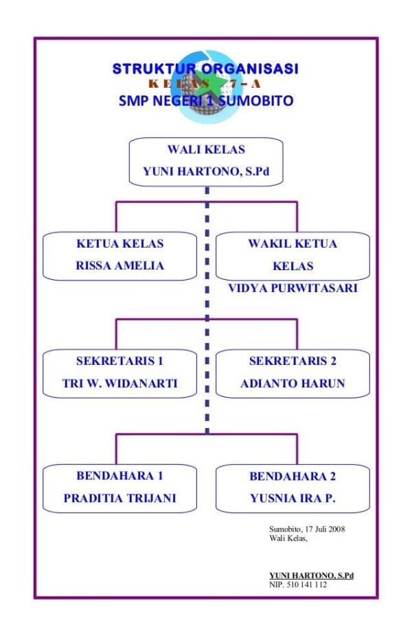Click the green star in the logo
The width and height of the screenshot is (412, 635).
(206, 86)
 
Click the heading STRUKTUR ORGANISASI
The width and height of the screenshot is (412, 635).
(206, 69)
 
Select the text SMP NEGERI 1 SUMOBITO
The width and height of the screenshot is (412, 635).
(206, 101)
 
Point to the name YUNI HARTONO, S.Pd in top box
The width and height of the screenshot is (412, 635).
(206, 172)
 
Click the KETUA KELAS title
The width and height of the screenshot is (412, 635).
(120, 243)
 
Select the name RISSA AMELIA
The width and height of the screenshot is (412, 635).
(120, 265)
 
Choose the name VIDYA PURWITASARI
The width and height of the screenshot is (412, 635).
(293, 289)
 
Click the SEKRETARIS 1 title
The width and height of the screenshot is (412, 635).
(120, 361)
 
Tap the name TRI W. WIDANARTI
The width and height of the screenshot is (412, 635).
(120, 383)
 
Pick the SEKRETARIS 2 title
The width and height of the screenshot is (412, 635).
(293, 361)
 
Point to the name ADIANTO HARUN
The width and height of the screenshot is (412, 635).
(293, 383)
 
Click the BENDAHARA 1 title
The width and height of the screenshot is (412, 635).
(120, 476)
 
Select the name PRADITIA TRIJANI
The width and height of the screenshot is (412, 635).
(120, 498)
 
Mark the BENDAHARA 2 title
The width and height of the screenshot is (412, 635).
(293, 476)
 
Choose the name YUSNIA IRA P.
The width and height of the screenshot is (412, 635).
(293, 498)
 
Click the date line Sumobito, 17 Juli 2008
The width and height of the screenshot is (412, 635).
(312, 529)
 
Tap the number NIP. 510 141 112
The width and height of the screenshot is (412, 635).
(298, 584)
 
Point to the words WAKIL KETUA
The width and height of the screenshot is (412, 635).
(293, 243)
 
